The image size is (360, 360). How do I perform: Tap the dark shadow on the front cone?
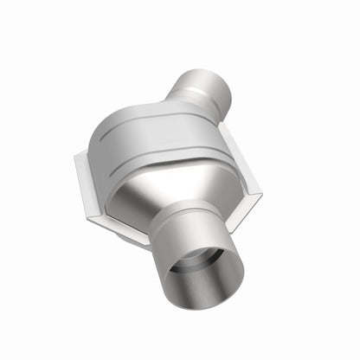coord(143,195)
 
